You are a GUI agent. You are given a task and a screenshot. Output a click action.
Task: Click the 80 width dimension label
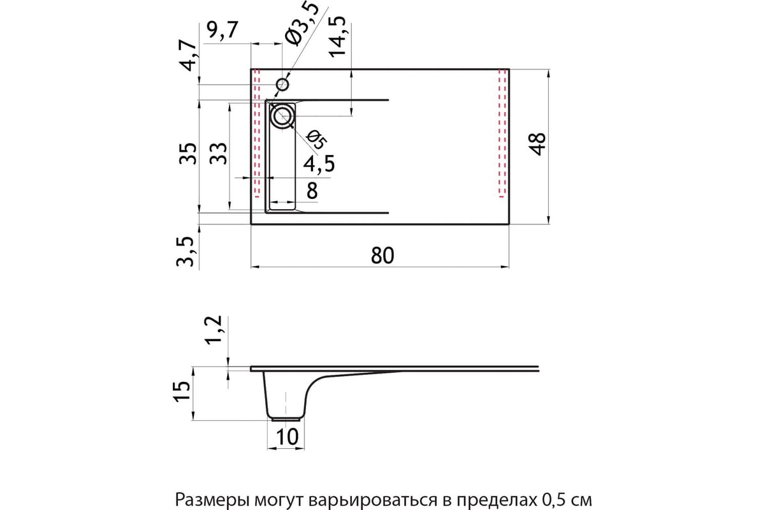[382, 255]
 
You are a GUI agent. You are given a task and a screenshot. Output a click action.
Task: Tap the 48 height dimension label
[537, 144]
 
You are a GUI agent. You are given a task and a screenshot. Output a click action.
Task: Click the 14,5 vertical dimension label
[337, 37]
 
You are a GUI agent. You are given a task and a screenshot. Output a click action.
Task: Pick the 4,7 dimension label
[189, 55]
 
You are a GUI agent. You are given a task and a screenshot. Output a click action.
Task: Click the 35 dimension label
[188, 154]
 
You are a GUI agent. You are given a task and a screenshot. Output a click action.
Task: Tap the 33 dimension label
[218, 154]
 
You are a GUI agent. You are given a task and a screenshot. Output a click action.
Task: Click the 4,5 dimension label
[319, 164]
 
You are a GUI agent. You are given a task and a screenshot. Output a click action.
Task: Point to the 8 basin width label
[312, 191]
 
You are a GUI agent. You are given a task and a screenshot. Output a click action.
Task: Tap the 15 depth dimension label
[182, 391]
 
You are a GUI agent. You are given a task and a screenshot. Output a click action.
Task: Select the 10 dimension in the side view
[288, 437]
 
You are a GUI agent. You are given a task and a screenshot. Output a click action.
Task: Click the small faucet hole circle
[282, 84]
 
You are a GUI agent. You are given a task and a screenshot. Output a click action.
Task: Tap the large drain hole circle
[282, 116]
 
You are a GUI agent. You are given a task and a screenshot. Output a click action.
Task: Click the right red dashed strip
[502, 133]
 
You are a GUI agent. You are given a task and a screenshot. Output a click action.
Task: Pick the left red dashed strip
[257, 133]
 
